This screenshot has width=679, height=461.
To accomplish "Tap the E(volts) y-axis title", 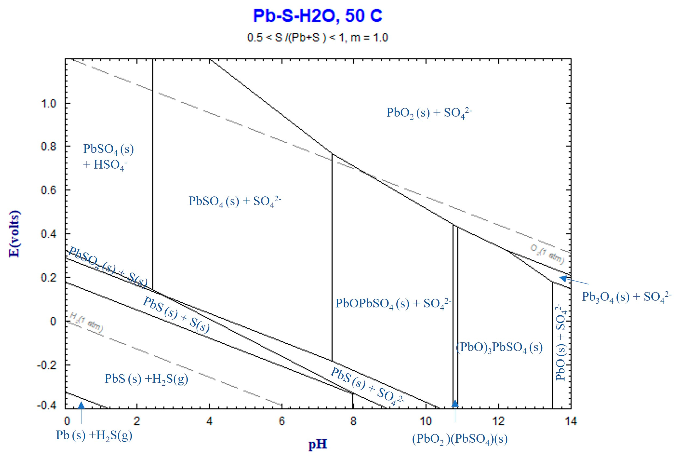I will coord(15,234).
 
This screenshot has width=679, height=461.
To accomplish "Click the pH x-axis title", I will coord(318,444).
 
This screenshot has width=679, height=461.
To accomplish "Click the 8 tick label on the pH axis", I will coord(353,421).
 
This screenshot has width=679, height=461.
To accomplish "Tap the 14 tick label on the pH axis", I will coord(571,421).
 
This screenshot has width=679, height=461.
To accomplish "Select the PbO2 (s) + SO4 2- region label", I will coord(429,113).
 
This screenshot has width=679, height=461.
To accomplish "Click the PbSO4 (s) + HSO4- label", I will coord(108,157).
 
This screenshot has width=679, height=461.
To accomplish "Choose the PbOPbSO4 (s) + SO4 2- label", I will coord(393,304).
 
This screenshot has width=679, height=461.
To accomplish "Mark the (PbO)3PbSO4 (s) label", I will coord(499,348).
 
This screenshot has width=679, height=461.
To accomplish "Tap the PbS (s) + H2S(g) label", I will coord(146,379).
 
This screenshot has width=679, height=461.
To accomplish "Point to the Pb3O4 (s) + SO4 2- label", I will coord(626,297).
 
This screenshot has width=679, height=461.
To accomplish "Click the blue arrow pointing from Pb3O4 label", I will coord(574,280).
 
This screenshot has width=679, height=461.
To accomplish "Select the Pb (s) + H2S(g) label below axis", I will coord(94,435).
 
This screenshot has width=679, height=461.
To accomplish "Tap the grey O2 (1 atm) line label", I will coord(547,254).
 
